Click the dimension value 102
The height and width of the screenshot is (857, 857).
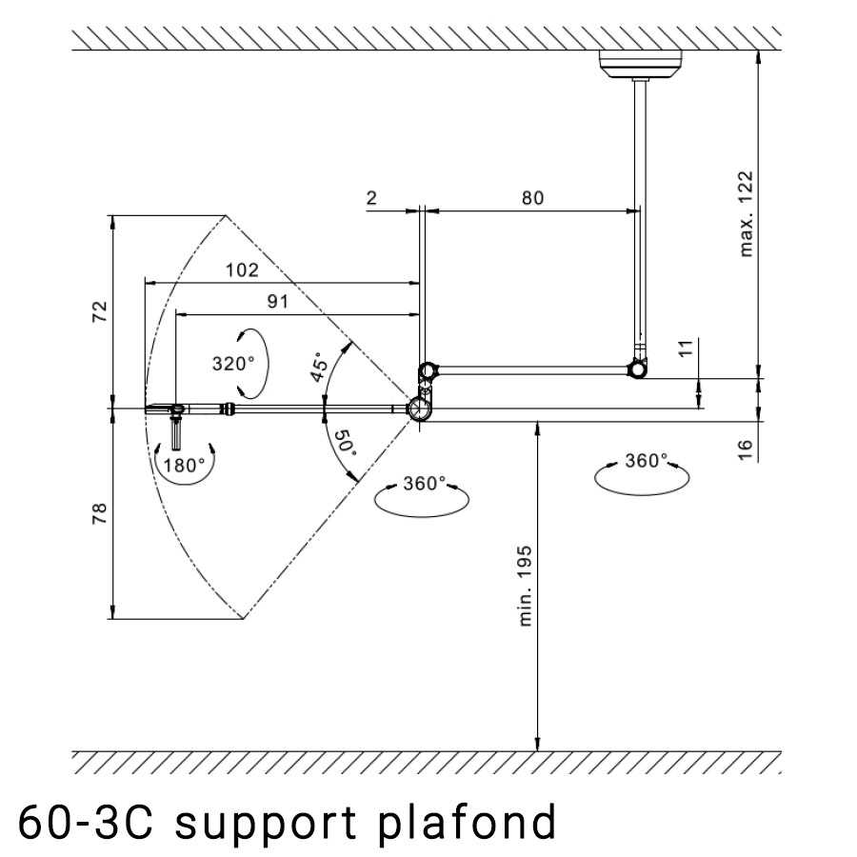242,269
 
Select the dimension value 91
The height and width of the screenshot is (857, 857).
277,301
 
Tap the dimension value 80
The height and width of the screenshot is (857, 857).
532,198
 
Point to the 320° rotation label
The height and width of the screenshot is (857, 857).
233,364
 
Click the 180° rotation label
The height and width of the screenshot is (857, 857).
184,465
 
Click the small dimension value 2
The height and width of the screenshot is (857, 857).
371,198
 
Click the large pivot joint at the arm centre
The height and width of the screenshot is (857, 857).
419,409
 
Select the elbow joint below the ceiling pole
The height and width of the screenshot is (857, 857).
638,369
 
